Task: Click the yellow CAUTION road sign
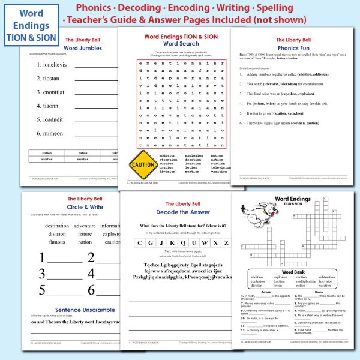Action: pyautogui.click(x=143, y=163)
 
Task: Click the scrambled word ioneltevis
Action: pyautogui.click(x=52, y=64)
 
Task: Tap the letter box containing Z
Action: pyautogui.click(x=226, y=242)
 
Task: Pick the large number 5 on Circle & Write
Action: pyautogui.click(x=43, y=290)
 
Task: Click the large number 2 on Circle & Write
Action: pyautogui.click(x=91, y=258)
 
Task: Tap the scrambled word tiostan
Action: pyautogui.click(x=48, y=78)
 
